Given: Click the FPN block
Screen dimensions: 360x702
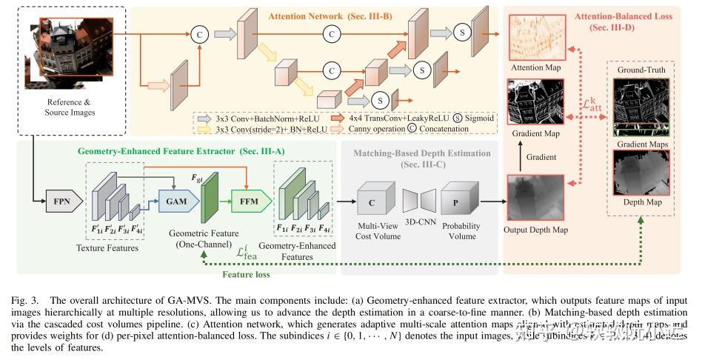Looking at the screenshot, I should tap(62, 200).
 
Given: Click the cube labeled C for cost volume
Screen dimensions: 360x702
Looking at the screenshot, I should tap(372, 199).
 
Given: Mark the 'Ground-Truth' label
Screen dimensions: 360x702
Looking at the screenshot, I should tap(641, 70).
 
